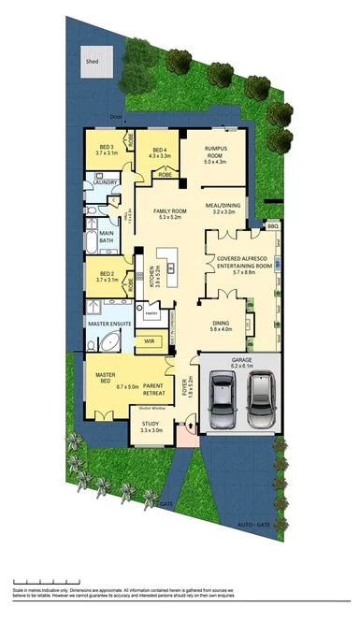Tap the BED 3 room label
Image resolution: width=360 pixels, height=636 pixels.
coord(106,147)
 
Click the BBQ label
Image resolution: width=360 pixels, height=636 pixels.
coord(273,226)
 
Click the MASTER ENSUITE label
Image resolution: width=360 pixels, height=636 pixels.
coord(111,323)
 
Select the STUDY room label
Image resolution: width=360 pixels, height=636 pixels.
coord(151,426)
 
